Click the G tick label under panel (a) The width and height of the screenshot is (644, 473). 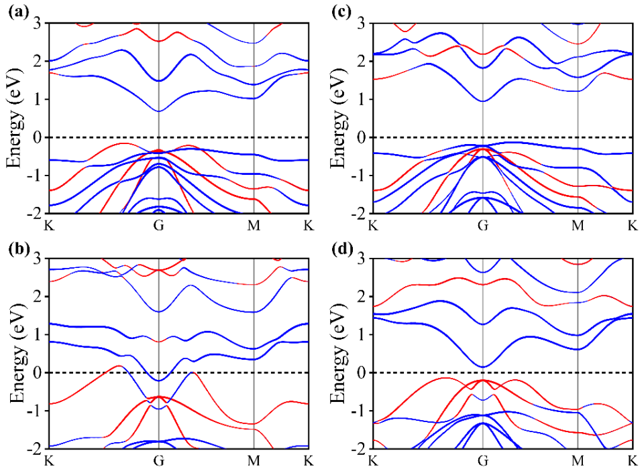pyautogui.click(x=158, y=225)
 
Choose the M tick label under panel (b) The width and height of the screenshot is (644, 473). pyautogui.click(x=254, y=460)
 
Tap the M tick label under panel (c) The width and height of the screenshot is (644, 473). pyautogui.click(x=578, y=225)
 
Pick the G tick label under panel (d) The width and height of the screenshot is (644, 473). pyautogui.click(x=482, y=460)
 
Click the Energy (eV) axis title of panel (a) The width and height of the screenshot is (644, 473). pyautogui.click(x=15, y=118)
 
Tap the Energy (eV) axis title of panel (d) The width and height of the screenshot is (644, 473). pyautogui.click(x=339, y=353)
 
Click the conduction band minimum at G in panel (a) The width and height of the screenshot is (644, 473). pyautogui.click(x=158, y=111)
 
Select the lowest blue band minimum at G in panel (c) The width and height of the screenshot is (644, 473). pyautogui.click(x=482, y=101)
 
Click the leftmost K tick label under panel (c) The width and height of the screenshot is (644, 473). pyautogui.click(x=373, y=225)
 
